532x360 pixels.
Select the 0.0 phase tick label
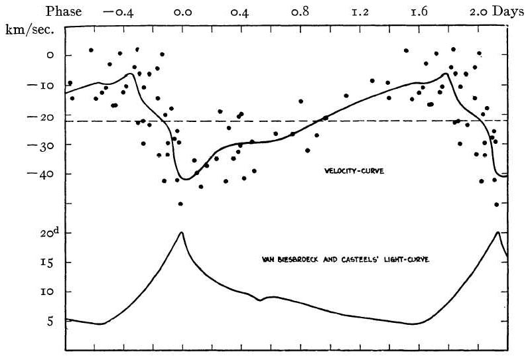pos(182,12)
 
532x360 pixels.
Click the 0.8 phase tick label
pos(301,12)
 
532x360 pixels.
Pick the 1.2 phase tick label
pos(360,12)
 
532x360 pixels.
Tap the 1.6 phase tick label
pos(419,12)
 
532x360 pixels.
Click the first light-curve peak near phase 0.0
pos(182,232)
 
